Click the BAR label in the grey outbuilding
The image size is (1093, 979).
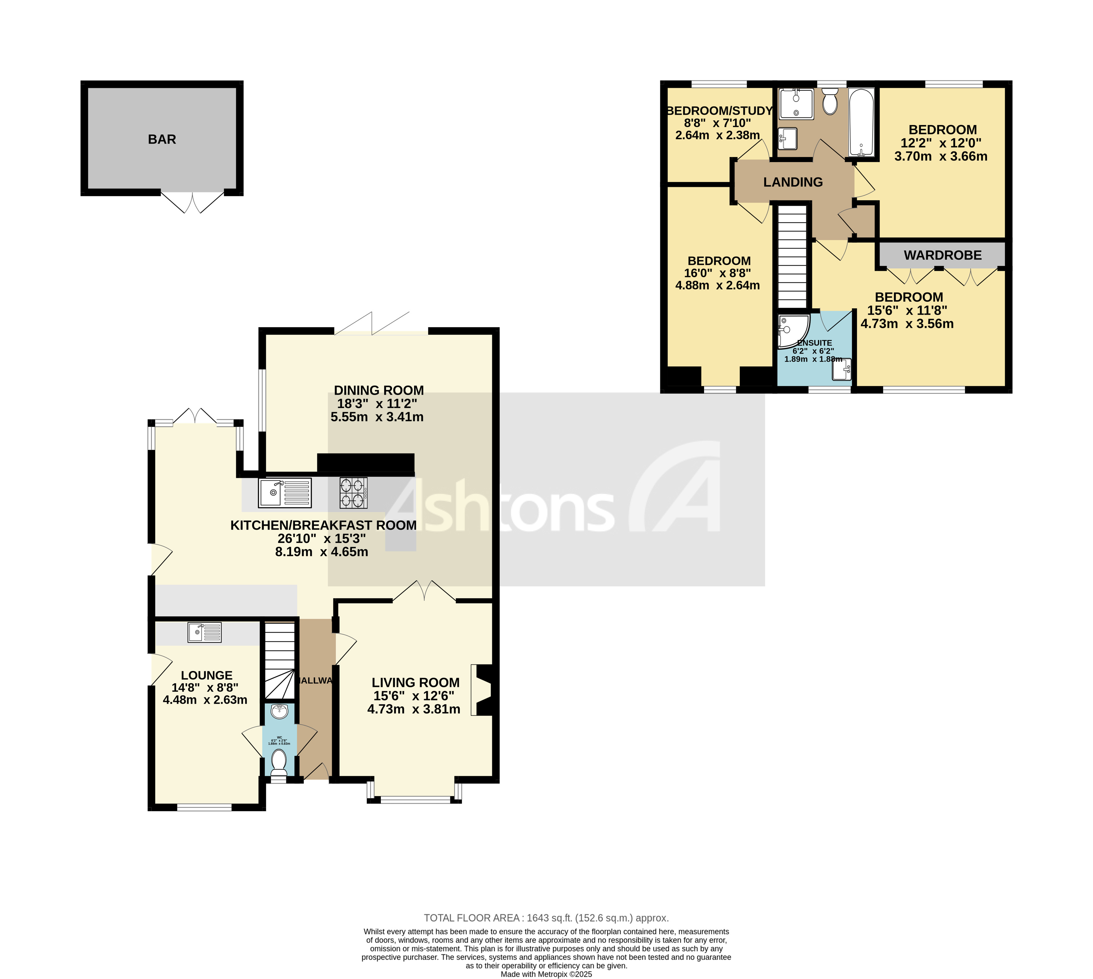pyautogui.click(x=162, y=139)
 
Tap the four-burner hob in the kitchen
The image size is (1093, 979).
pyautogui.click(x=353, y=493)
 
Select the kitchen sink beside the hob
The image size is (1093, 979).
pyautogui.click(x=285, y=493)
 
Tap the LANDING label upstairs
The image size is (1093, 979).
pyautogui.click(x=793, y=182)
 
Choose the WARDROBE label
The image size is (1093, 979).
pyautogui.click(x=942, y=256)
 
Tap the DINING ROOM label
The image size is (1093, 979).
pyautogui.click(x=379, y=391)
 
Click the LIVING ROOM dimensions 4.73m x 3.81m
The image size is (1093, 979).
pyautogui.click(x=414, y=709)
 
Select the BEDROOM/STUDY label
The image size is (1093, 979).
pyautogui.click(x=719, y=111)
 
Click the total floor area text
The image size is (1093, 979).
pyautogui.click(x=546, y=918)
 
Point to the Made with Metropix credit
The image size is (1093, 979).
pyautogui.click(x=546, y=974)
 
